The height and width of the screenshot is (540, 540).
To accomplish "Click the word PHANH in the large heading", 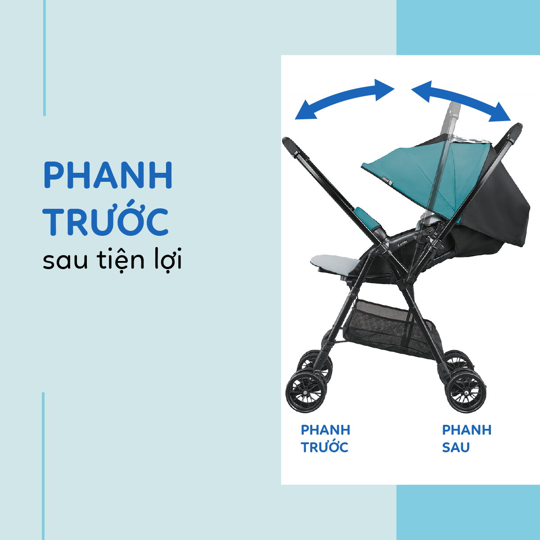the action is [x=108, y=175].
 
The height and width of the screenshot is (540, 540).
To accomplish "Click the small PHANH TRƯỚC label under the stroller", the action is [x=325, y=439].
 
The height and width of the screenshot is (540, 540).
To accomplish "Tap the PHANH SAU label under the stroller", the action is [x=467, y=439].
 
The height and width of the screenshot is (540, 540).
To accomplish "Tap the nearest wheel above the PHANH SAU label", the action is [x=465, y=392].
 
